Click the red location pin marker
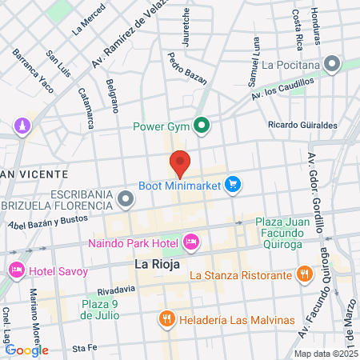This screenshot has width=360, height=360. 180,163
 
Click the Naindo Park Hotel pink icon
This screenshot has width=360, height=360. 191,241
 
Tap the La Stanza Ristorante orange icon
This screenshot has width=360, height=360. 303,275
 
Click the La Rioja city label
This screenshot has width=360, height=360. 157,263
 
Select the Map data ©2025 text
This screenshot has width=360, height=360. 325,354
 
